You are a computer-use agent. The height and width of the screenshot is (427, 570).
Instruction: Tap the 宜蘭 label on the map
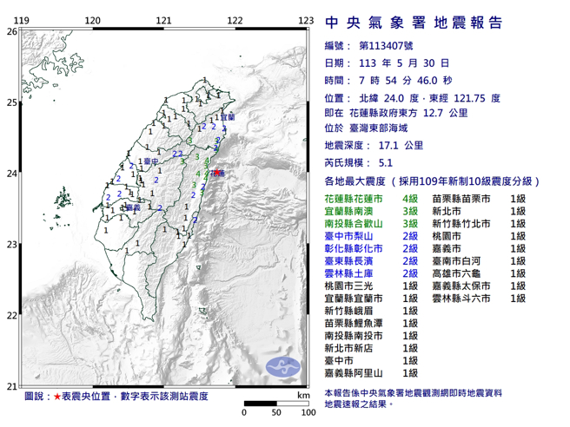pos(228,117)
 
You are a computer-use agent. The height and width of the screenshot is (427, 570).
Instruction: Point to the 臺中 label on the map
pos(151,162)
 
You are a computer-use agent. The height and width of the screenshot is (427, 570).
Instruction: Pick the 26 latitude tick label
pos(10,31)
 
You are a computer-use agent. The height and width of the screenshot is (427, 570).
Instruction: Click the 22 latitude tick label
pos(10,316)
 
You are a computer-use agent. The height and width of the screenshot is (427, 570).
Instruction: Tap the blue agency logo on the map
pos(282,365)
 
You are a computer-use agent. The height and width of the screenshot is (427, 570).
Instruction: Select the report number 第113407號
pos(388,46)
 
